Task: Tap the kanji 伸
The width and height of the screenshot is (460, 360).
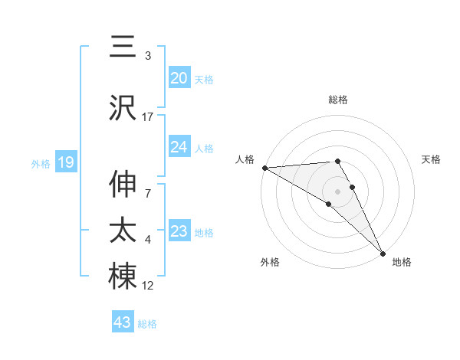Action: click(x=123, y=185)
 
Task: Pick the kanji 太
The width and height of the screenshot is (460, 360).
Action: click(x=123, y=231)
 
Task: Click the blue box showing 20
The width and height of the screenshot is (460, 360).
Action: click(x=179, y=77)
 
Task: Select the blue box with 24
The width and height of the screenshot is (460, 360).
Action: click(x=179, y=146)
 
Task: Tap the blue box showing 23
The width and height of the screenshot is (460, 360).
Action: click(x=179, y=231)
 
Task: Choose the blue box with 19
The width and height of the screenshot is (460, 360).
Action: click(x=65, y=162)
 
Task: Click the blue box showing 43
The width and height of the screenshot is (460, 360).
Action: click(x=123, y=322)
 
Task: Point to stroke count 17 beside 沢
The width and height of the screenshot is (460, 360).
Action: click(x=148, y=117)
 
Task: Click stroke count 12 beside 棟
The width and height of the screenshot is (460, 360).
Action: click(x=148, y=286)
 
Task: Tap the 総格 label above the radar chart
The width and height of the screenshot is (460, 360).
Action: click(x=338, y=100)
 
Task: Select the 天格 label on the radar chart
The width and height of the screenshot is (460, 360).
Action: click(x=432, y=159)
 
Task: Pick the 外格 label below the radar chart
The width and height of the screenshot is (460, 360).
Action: click(x=270, y=262)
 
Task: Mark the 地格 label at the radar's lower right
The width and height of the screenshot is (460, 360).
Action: click(x=402, y=262)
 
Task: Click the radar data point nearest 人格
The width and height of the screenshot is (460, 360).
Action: click(x=264, y=168)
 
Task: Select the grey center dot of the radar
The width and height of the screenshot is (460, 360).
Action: click(x=338, y=191)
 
